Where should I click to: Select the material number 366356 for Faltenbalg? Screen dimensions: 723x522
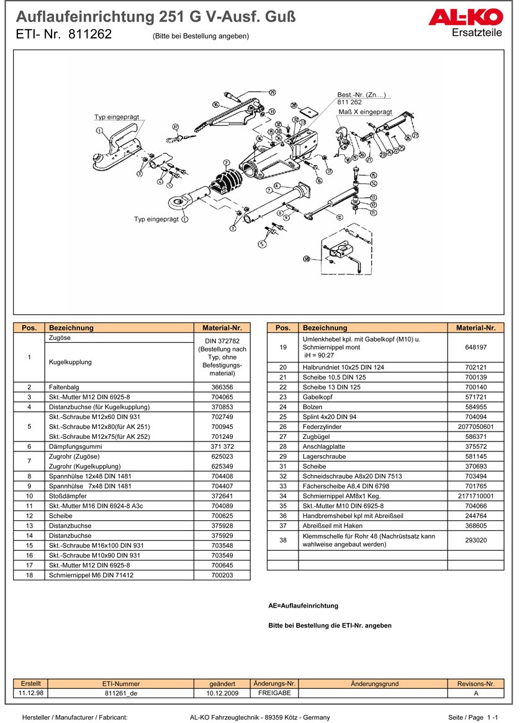pos(222,386)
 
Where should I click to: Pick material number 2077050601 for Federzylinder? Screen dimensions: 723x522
pos(475,427)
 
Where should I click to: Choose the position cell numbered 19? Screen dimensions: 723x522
pos(282,348)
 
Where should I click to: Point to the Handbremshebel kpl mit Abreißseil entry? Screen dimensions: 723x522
pos(353,516)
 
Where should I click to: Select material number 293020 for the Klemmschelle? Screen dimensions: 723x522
pos(475,540)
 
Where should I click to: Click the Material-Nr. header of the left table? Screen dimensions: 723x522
pos(222,328)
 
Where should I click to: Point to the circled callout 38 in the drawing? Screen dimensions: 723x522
pos(306,259)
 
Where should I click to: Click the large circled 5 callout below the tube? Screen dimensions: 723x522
pos(262,244)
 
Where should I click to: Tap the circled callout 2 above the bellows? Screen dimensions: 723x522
pos(227,162)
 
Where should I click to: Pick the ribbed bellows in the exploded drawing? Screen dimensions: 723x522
pos(226,182)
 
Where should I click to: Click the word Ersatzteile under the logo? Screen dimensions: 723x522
pos(477,32)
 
